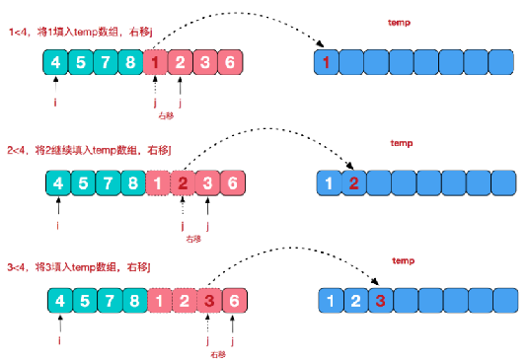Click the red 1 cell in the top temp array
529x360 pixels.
(x=327, y=65)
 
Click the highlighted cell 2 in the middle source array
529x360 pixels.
(x=183, y=183)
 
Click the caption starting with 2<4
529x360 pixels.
(x=91, y=150)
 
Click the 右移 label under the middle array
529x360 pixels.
(x=193, y=239)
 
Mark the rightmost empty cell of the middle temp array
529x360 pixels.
(x=505, y=183)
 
